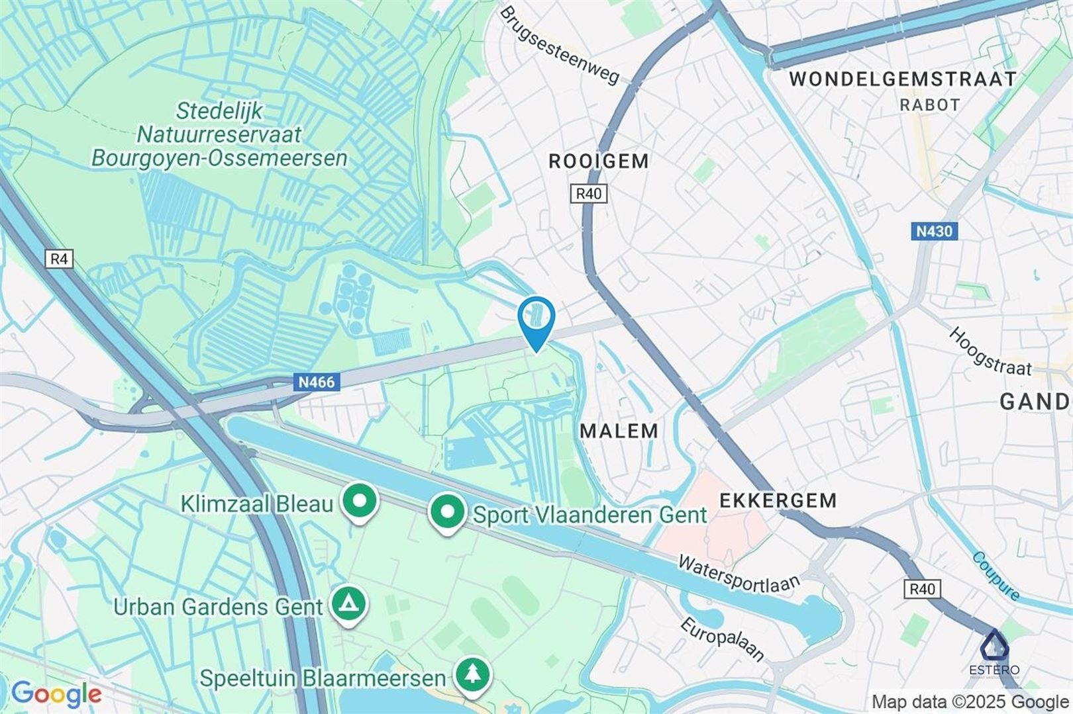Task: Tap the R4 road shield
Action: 59,259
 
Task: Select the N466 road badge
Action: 317,382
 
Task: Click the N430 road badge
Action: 934,231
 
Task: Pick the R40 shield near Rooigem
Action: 588,193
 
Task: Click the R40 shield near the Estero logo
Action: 922,589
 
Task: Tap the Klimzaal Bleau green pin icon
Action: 359,503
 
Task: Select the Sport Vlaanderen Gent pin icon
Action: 447,513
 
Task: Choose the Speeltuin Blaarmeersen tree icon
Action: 472,676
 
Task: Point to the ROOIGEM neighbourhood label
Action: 599,161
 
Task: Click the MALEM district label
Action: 619,431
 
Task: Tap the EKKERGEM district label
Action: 778,500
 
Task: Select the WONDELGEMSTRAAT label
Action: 902,79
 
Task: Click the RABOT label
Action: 930,105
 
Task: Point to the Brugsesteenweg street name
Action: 560,46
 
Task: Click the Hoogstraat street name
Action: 990,351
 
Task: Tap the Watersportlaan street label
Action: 739,574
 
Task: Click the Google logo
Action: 56,694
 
